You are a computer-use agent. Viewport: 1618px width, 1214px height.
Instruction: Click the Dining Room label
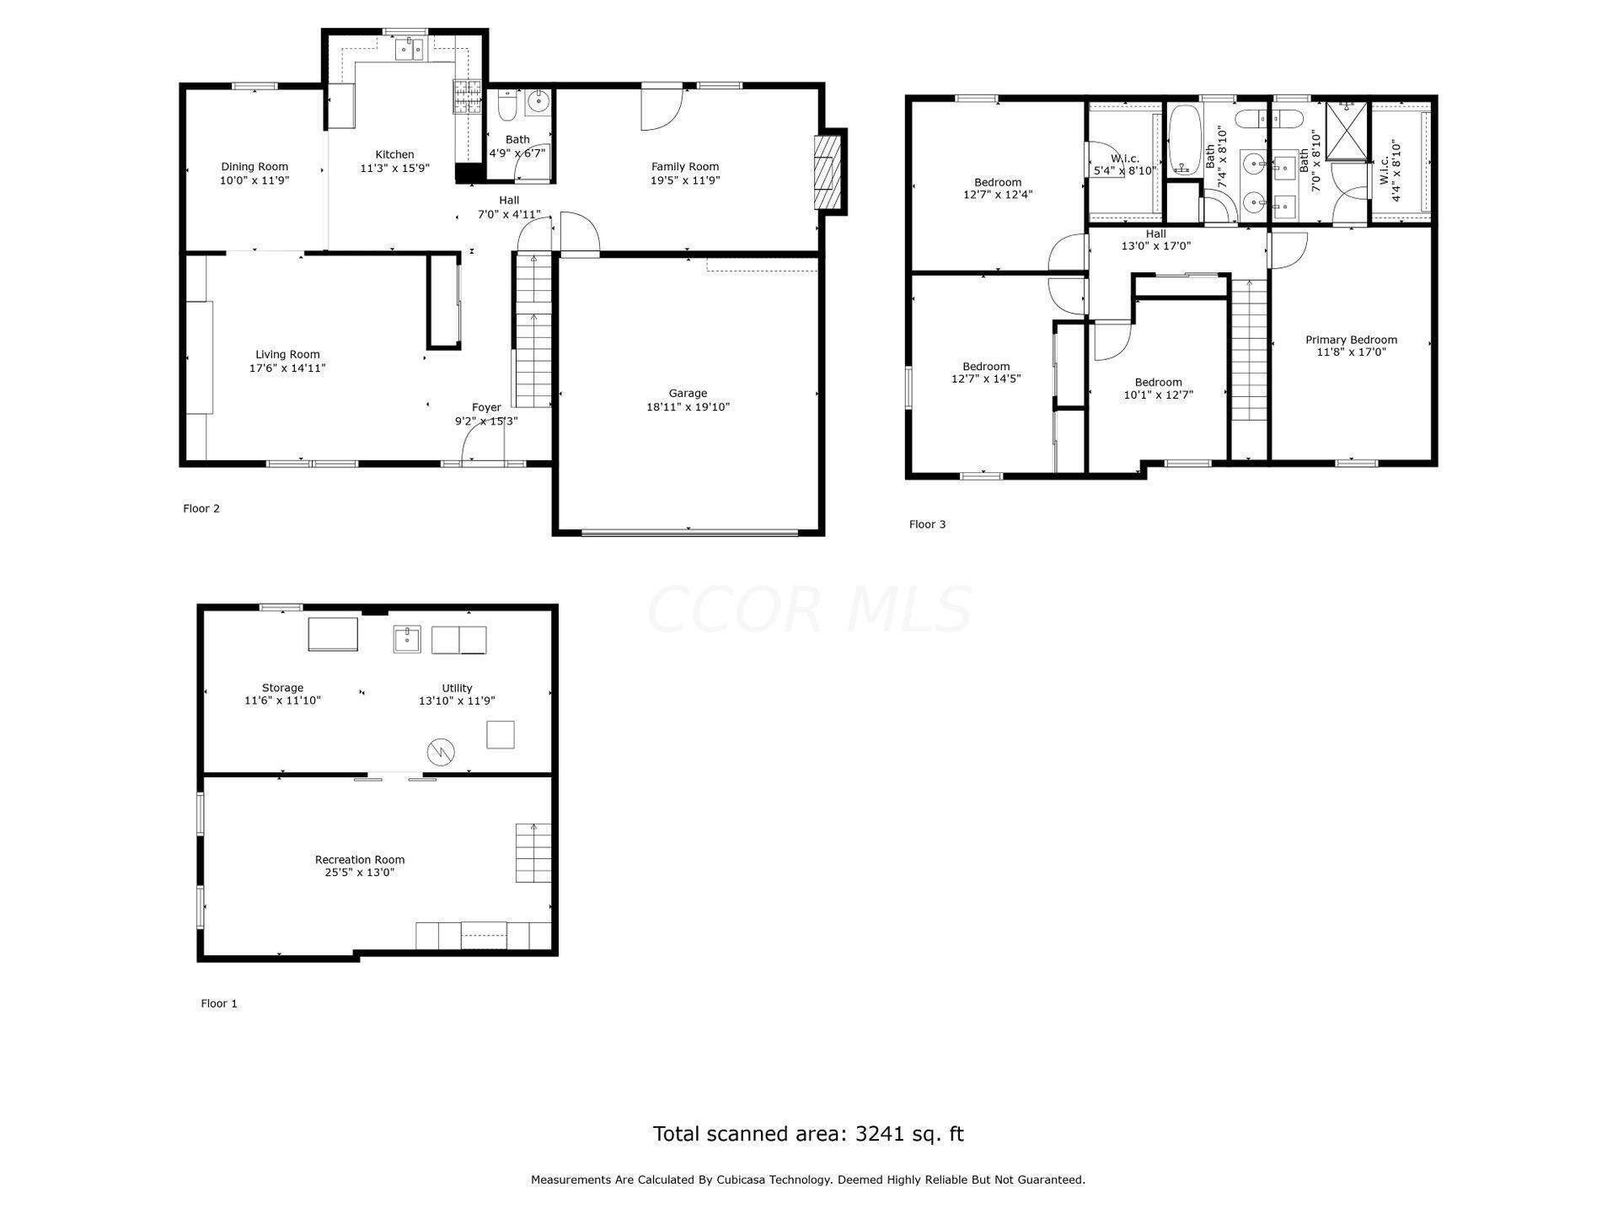coord(254,167)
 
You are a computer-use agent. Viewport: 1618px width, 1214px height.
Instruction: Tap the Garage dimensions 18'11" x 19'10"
coord(688,407)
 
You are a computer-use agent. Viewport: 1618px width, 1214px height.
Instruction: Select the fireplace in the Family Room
coord(828,172)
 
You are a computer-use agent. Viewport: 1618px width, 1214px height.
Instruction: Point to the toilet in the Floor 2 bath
coord(507,105)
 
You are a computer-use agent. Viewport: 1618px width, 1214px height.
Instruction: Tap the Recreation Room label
coord(360,860)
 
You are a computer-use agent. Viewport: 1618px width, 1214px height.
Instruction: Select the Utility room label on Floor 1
coord(457,688)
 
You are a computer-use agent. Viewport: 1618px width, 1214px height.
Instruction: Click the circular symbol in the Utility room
coord(441,751)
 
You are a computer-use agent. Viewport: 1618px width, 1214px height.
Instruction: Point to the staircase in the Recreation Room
coord(533,852)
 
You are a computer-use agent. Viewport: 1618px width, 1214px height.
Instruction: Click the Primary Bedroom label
coord(1351,340)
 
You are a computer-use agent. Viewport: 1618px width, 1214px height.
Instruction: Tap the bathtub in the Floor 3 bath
coord(1183,140)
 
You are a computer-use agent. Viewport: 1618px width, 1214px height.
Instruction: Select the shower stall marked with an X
coord(1347,132)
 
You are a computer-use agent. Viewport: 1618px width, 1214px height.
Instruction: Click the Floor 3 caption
coord(927,524)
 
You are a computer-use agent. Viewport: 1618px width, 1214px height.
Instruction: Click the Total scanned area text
coord(807,1134)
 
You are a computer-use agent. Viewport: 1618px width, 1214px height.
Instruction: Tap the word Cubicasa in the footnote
coord(742,1180)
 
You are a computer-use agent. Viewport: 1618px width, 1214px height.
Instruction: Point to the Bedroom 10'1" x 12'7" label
coord(1158,382)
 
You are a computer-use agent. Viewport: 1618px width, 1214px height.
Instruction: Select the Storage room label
coord(282,688)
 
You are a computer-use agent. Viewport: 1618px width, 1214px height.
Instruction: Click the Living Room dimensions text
coord(287,368)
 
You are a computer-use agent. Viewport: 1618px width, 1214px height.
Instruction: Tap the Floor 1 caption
coord(219,1003)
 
